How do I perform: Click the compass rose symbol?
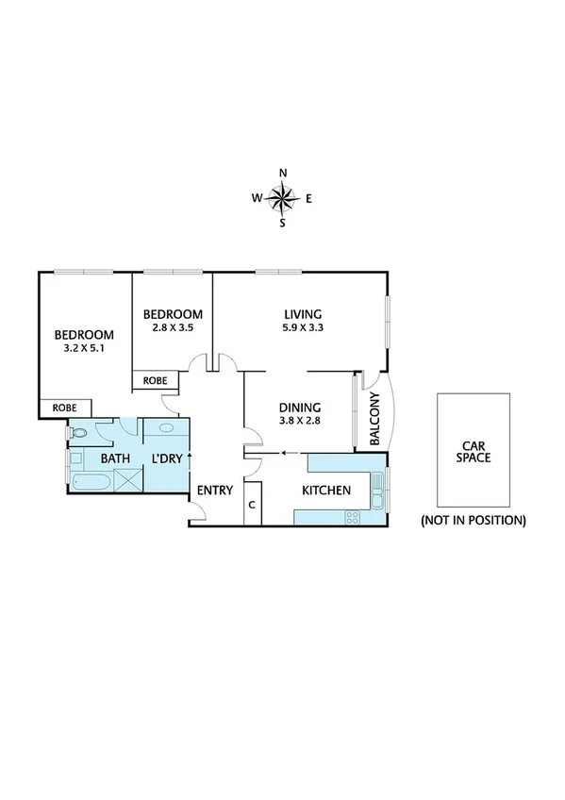coord(282,198)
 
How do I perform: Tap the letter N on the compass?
coord(283,173)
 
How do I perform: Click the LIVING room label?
coord(303,314)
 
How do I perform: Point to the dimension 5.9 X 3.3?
coord(303,328)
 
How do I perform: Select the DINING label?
coord(300,408)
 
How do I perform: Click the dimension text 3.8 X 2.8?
coord(300,422)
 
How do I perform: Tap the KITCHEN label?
coord(326,491)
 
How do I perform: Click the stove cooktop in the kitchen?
coord(353,516)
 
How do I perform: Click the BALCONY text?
coord(374,418)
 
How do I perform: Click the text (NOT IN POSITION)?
coord(473,520)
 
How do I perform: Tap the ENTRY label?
coord(214,490)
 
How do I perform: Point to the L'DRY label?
coord(168,459)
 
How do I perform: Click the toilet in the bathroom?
coord(80,433)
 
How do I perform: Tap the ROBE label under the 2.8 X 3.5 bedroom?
coord(155,380)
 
